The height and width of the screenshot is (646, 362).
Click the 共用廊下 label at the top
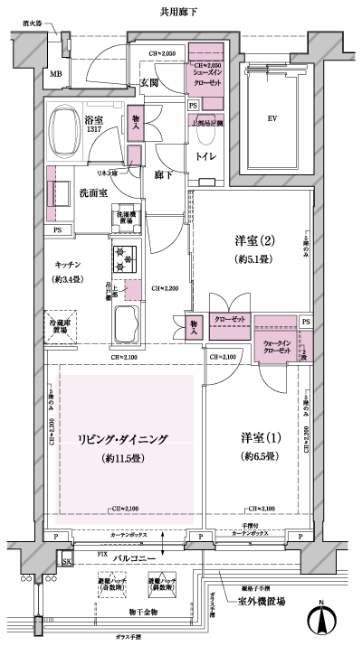tap(181, 12)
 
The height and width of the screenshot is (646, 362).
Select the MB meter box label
tap(55, 74)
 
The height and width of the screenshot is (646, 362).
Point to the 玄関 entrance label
tap(149, 83)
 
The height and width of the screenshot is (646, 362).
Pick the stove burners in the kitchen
tap(123, 259)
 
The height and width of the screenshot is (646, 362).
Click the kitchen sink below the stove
tap(125, 323)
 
